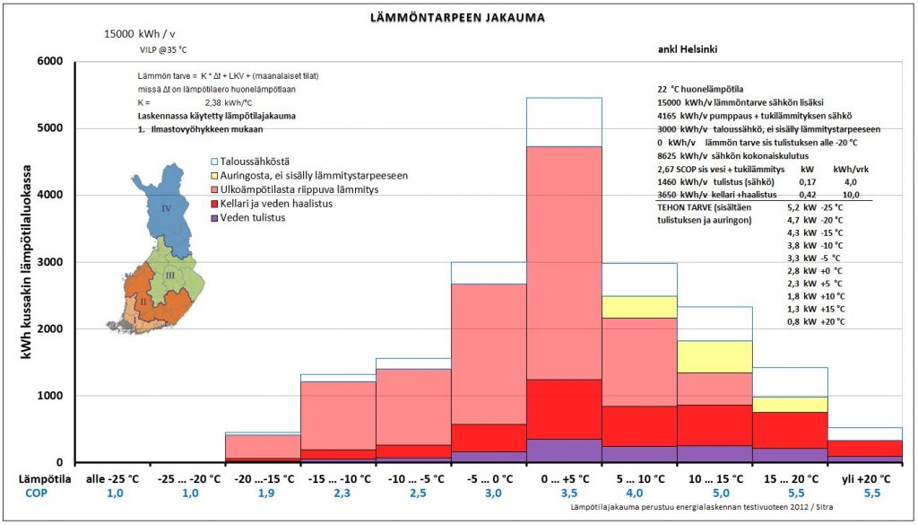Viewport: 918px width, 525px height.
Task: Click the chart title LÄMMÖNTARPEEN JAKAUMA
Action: point(457,17)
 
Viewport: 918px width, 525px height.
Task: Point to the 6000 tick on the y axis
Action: point(48,61)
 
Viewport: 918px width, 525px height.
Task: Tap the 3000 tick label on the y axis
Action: point(48,262)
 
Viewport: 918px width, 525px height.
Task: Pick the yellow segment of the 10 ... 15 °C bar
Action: point(714,356)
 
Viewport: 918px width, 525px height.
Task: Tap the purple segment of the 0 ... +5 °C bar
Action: point(563,451)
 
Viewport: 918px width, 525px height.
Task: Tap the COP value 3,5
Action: point(563,494)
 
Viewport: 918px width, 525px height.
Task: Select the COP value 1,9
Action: point(263,494)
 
